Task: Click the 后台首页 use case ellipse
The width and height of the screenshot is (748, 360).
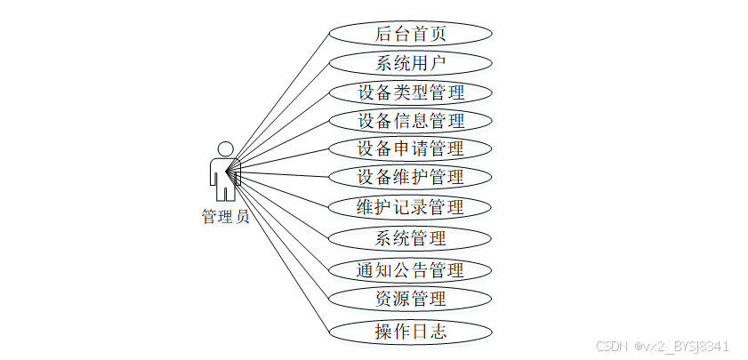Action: pos(410,34)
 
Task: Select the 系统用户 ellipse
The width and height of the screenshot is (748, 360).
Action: pos(410,63)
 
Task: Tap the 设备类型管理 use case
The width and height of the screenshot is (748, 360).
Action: pos(410,92)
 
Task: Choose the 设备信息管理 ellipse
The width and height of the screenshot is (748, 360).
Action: pos(410,120)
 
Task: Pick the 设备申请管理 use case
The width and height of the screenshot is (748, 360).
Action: pos(410,148)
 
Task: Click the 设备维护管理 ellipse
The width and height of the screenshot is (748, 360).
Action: pos(410,176)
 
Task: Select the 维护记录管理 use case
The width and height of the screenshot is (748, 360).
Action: pos(410,207)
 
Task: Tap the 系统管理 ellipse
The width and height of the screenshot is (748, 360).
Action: pos(410,238)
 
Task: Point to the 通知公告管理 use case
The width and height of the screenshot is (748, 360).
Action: pos(410,269)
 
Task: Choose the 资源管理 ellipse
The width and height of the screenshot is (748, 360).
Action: pos(410,298)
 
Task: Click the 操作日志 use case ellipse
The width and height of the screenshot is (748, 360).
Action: pos(410,332)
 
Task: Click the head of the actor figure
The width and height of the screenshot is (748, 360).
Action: pos(225,148)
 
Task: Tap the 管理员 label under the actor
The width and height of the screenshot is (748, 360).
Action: pos(225,217)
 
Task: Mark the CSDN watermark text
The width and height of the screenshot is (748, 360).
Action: pos(662,346)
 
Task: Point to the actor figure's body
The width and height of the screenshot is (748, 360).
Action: pos(224,173)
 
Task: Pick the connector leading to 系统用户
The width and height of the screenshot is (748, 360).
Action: pos(280,114)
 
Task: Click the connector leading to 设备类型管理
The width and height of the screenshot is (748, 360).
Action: pos(280,130)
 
